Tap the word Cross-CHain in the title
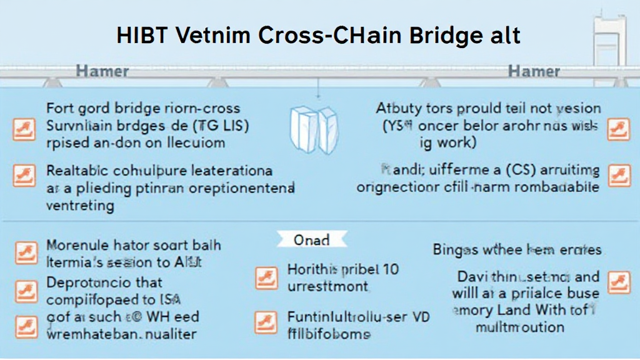coord(326,36)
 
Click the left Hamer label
coord(102,71)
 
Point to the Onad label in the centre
coord(312,240)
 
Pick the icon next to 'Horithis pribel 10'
coord(267,278)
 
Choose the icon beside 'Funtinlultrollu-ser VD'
coord(267,322)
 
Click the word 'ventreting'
coord(80,206)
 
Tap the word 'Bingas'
coord(459,250)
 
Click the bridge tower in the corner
coord(610,37)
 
